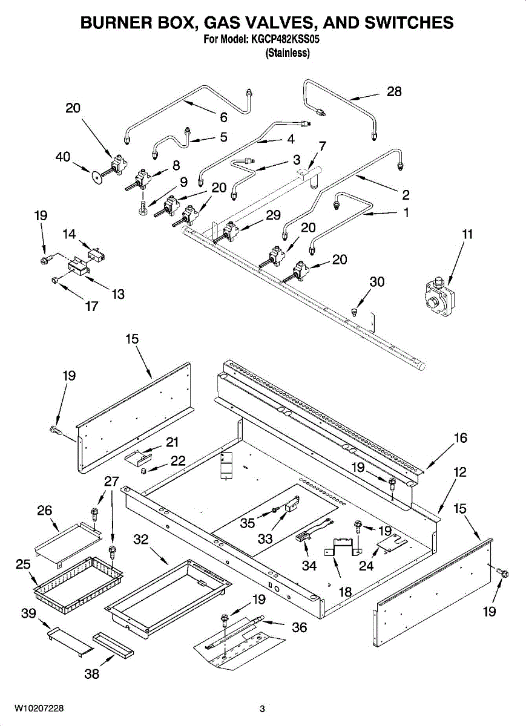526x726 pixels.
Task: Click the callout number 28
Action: click(x=394, y=92)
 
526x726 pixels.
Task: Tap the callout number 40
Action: click(x=63, y=156)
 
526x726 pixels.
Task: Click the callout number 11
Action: click(x=467, y=234)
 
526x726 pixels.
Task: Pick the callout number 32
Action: click(x=141, y=540)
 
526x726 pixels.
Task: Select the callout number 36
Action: click(x=300, y=627)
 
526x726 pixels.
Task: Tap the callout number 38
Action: click(x=91, y=673)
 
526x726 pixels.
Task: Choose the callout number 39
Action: click(x=28, y=613)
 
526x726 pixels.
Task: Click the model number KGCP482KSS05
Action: click(x=286, y=40)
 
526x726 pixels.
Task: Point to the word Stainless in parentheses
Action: click(x=288, y=53)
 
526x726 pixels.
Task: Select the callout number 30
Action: click(x=377, y=282)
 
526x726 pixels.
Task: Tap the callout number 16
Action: click(x=461, y=438)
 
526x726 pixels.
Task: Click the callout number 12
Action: click(x=461, y=472)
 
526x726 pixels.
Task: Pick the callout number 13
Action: click(x=118, y=294)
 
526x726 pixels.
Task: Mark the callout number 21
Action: click(x=172, y=442)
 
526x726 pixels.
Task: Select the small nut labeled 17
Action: click(x=54, y=280)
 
